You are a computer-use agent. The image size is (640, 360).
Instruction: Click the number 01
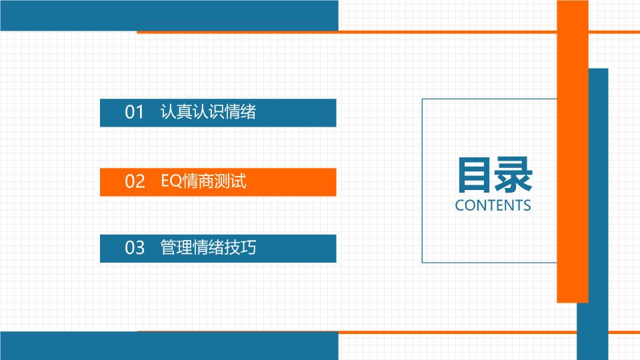134,112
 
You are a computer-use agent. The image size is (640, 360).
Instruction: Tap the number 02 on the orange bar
135,181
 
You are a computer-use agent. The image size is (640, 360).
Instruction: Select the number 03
135,248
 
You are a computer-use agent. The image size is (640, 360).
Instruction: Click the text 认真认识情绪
208,111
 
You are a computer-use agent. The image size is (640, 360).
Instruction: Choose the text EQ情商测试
204,181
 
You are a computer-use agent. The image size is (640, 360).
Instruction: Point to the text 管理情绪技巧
208,247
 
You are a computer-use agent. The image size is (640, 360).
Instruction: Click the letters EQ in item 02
171,181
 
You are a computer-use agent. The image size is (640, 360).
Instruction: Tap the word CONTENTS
493,205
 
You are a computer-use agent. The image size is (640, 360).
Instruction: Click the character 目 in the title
474,175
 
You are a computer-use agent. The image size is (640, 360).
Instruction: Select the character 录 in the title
513,175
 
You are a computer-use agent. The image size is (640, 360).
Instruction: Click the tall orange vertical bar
573,151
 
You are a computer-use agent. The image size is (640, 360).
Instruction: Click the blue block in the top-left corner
169,15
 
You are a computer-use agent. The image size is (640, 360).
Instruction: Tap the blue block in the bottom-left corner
169,346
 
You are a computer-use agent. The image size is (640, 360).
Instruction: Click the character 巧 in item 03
249,247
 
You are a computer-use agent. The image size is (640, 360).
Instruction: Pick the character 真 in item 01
184,111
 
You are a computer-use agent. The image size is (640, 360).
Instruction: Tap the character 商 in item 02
206,181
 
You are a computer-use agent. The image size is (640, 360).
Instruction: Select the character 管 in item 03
168,247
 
